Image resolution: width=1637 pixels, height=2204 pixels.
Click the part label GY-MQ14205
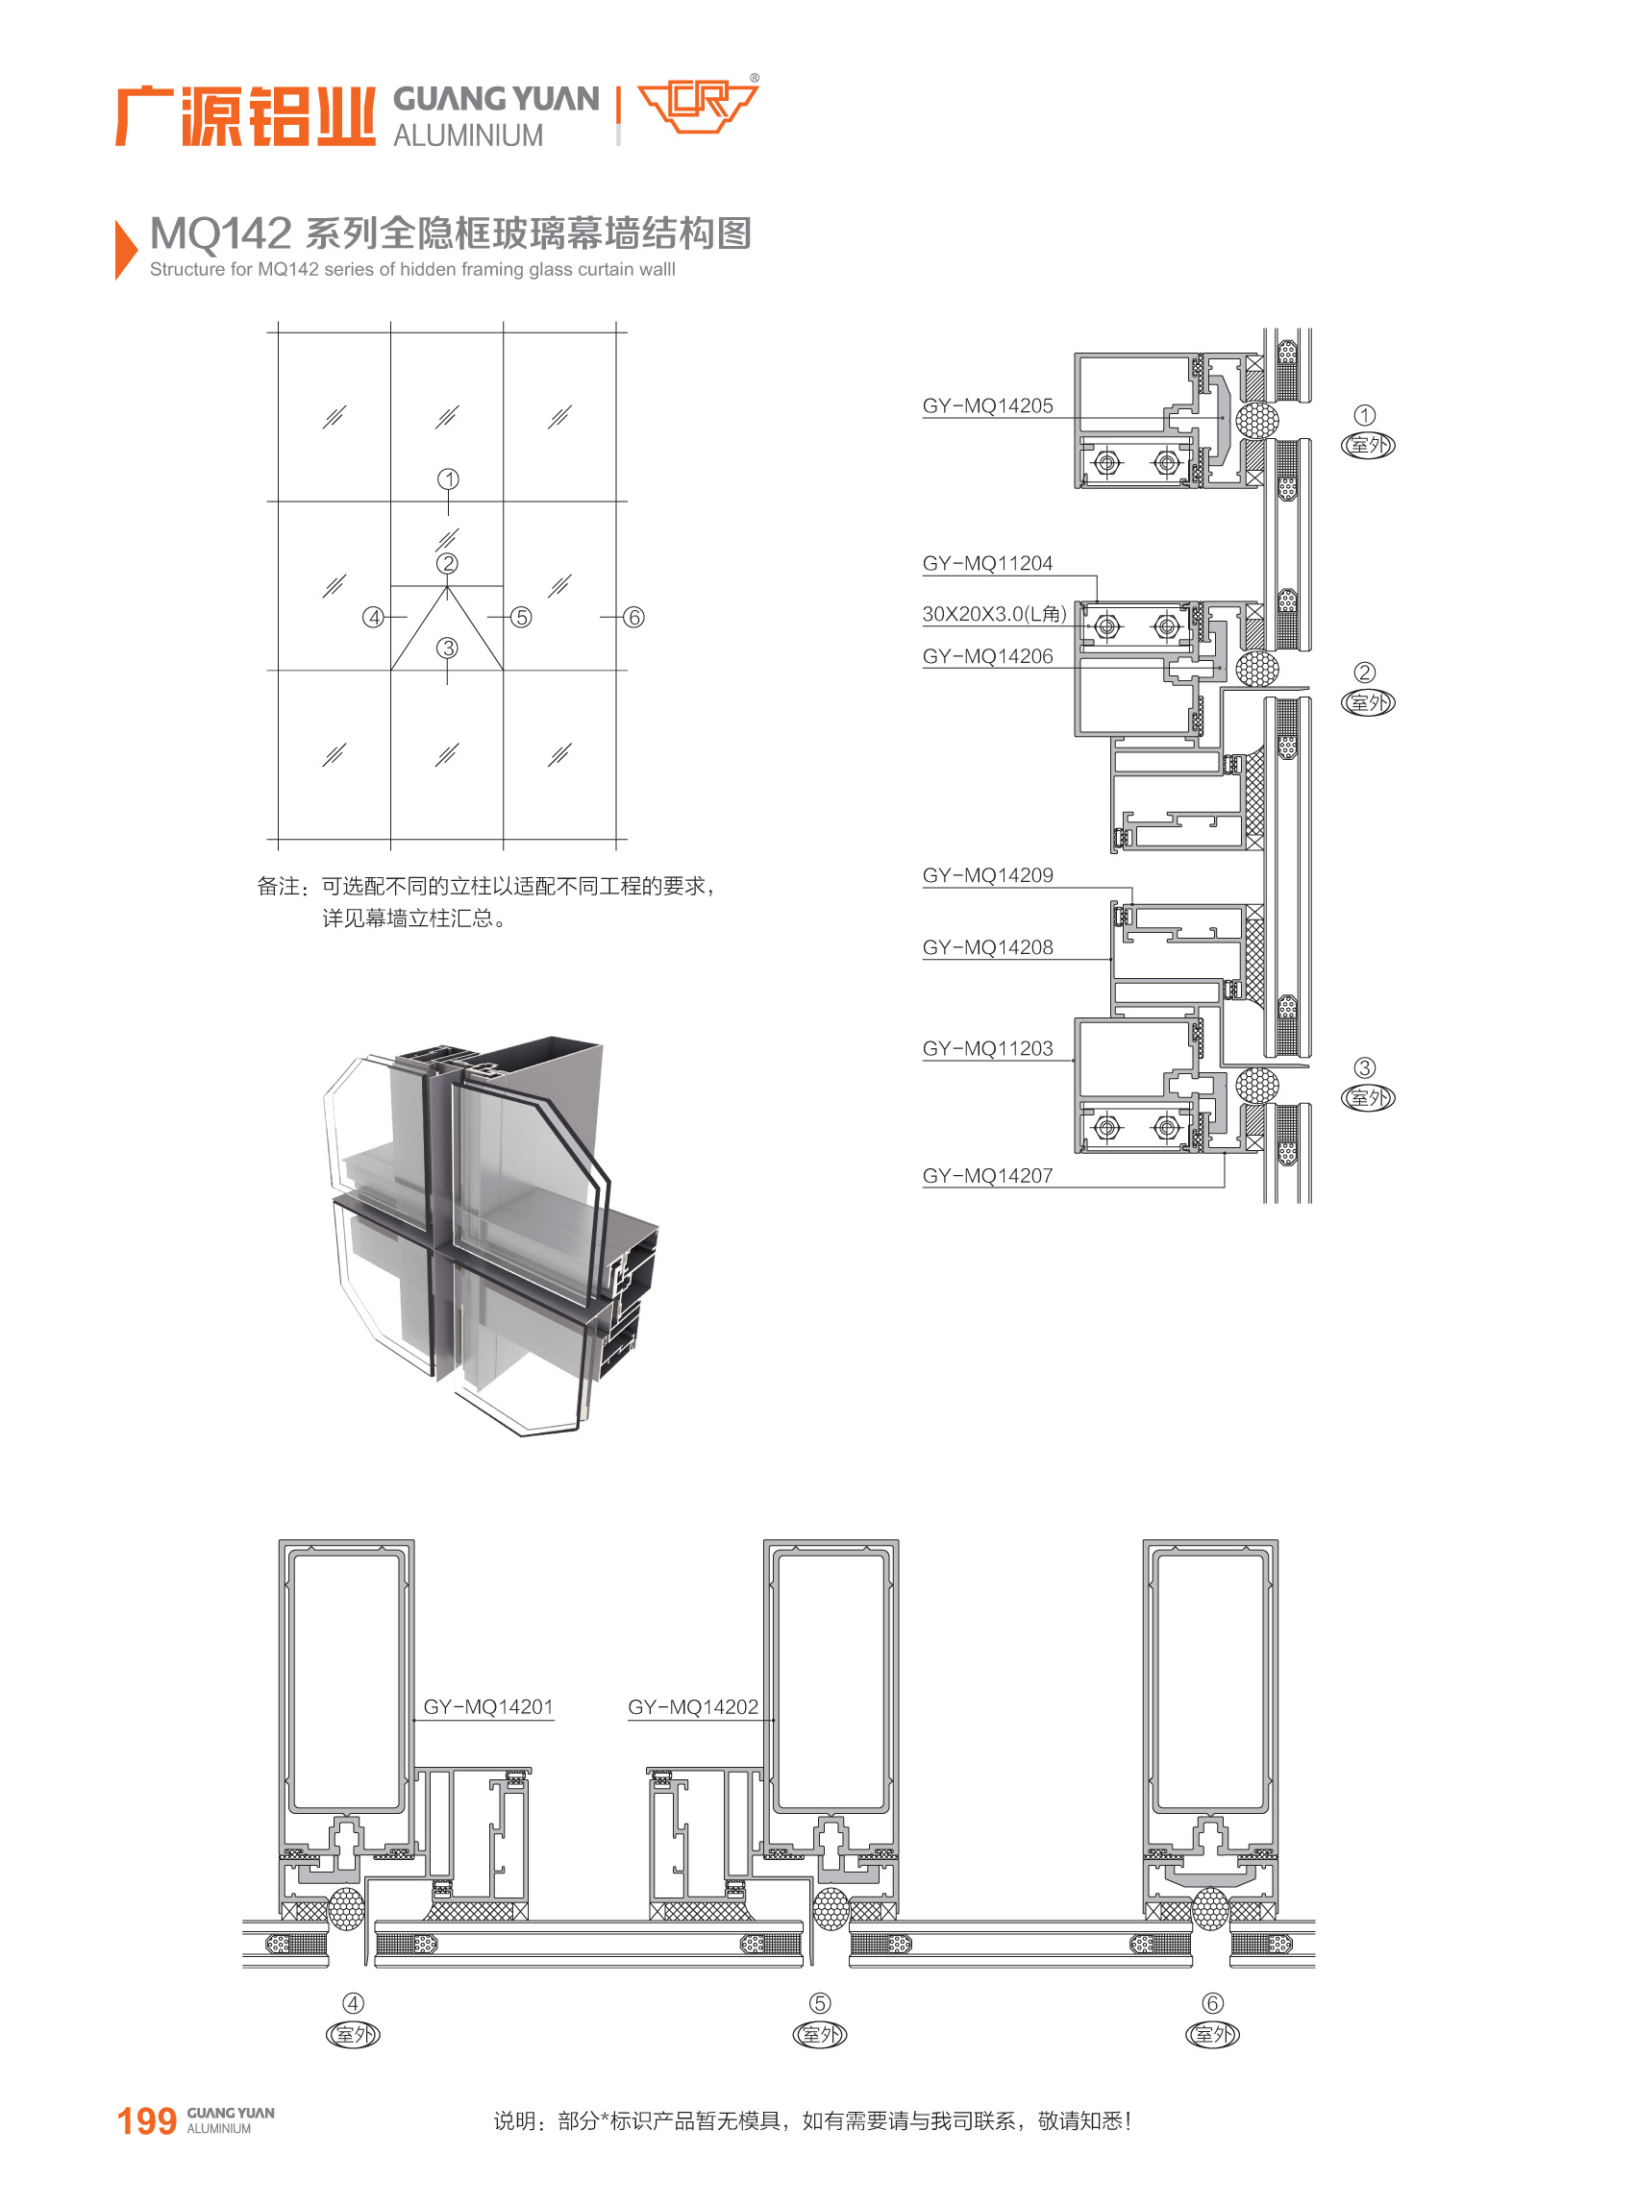pos(987,405)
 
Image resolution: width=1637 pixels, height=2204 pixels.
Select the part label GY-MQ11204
pos(987,563)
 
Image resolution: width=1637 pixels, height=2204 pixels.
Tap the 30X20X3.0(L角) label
pos(994,613)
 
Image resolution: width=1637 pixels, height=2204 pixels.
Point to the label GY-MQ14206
pos(987,656)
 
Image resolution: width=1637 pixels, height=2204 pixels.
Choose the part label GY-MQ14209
pos(987,874)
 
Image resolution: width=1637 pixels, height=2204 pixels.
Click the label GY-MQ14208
pos(987,947)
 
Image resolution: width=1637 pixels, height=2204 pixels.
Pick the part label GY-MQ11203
pos(987,1048)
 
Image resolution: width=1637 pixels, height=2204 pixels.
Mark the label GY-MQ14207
pos(987,1175)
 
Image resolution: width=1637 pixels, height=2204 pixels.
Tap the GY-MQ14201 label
pos(487,1705)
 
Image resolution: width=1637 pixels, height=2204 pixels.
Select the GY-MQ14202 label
pos(693,1705)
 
